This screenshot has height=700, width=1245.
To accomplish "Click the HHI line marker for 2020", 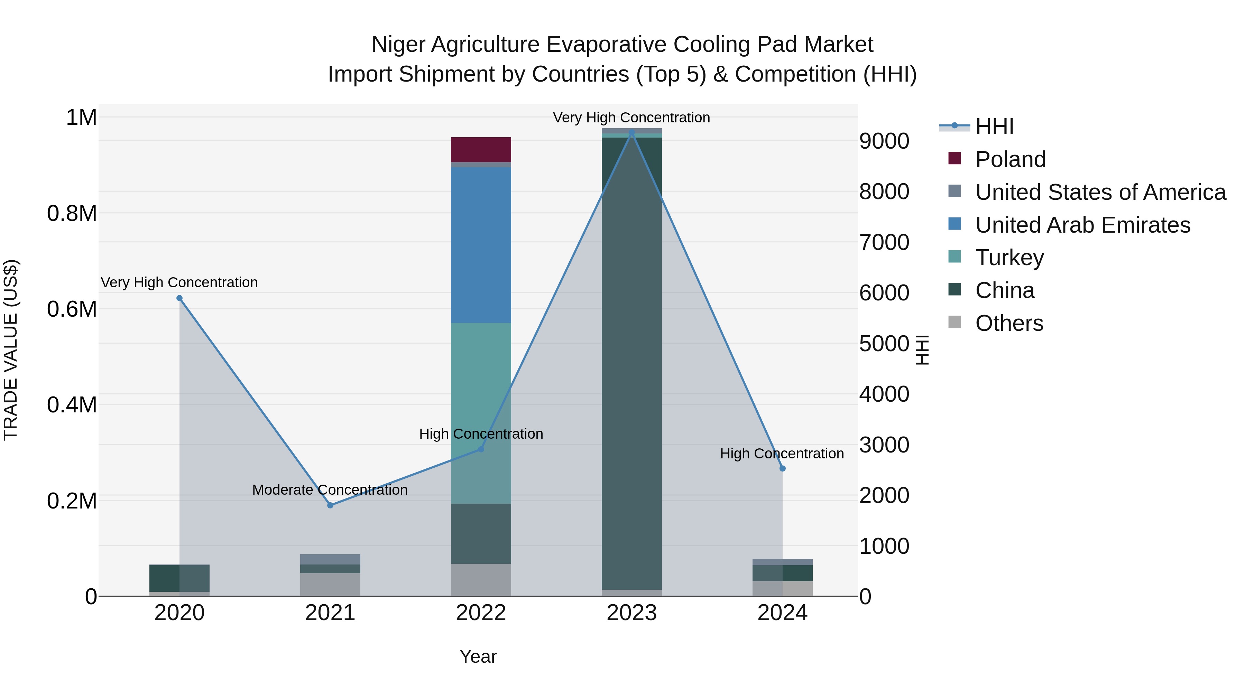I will (x=179, y=298).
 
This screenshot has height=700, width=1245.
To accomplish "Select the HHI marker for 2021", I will (x=330, y=505).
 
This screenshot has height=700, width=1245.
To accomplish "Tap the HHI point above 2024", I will (x=783, y=468).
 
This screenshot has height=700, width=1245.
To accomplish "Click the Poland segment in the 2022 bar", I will (x=481, y=149).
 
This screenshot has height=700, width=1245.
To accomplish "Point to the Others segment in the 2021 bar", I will (x=330, y=584).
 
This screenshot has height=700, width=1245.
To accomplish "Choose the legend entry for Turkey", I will (x=1009, y=258).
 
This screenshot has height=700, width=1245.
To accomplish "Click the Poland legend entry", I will (x=1010, y=159).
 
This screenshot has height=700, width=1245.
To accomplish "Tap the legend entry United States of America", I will (x=1100, y=192).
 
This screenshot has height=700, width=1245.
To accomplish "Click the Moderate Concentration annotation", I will (x=330, y=490).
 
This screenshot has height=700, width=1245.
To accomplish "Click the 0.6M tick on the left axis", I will (x=72, y=309).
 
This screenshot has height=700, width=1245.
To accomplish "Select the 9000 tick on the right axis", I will (x=884, y=141).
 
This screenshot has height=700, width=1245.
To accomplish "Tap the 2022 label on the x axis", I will (x=481, y=613).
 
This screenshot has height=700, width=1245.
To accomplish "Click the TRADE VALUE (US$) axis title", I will (x=11, y=350).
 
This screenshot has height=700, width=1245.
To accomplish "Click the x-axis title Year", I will (x=478, y=656).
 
